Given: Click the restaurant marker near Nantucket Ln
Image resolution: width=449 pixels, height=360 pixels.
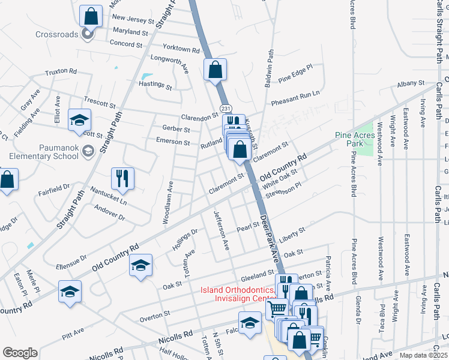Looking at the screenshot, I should [x=121, y=178].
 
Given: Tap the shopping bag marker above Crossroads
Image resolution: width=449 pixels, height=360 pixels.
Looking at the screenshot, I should [x=91, y=16].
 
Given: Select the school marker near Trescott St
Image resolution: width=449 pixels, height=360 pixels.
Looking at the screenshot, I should [x=79, y=120].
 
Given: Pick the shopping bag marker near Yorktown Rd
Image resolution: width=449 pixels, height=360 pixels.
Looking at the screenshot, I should [x=215, y=69].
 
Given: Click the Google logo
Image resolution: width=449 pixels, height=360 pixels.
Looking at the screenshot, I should [x=20, y=353].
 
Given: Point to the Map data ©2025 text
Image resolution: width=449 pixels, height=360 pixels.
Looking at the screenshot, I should [x=423, y=355].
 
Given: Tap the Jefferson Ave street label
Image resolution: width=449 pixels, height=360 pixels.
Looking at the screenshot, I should [x=220, y=230].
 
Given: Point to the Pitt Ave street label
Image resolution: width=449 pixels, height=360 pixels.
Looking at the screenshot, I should [x=73, y=330].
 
